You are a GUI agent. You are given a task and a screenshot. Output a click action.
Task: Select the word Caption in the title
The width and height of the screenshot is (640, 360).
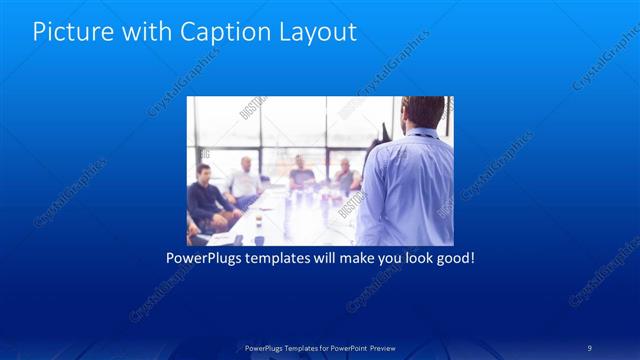[219, 32]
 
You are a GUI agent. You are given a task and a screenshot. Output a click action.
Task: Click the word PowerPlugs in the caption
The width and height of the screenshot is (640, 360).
[205, 258]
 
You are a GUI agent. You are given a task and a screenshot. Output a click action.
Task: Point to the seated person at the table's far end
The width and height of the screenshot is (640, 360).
[300, 176]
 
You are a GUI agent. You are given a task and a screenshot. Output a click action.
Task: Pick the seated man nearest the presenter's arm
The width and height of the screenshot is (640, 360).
[345, 177]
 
